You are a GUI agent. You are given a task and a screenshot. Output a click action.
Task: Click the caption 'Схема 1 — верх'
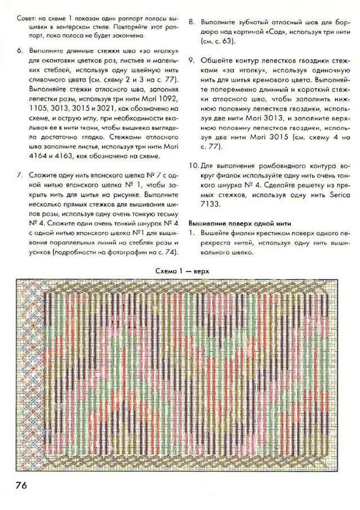point(180,271)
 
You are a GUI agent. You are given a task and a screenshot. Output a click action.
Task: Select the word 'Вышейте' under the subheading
point(214,232)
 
